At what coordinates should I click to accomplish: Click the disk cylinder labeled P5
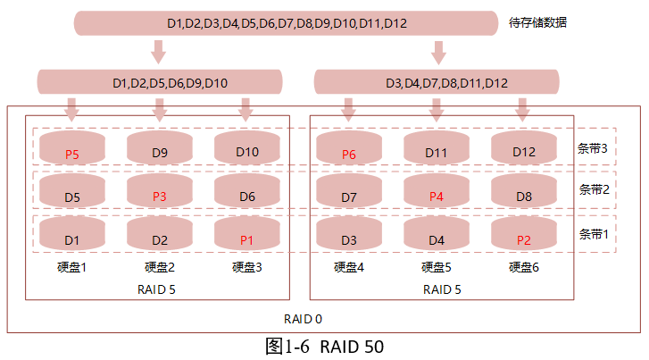click(x=72, y=148)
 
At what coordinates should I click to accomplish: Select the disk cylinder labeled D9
click(x=160, y=148)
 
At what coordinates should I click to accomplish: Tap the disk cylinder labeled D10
click(x=247, y=148)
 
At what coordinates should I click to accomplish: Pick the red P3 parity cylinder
click(x=160, y=192)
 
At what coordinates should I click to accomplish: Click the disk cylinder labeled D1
click(x=72, y=236)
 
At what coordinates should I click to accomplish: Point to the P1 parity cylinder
click(x=247, y=236)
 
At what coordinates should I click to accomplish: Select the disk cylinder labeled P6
click(x=349, y=148)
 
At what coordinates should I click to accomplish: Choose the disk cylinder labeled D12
click(x=524, y=148)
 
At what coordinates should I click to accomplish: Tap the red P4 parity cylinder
click(x=437, y=192)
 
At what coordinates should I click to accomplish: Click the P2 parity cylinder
click(x=524, y=236)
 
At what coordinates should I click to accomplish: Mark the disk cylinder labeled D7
click(x=349, y=192)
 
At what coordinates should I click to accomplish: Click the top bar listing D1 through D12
click(x=286, y=22)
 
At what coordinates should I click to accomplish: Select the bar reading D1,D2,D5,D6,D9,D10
click(x=170, y=83)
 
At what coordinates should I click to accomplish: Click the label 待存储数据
click(x=538, y=22)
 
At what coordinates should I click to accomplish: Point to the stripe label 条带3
click(x=594, y=148)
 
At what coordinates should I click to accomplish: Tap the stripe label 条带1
click(x=594, y=233)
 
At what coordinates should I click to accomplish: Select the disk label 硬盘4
click(x=349, y=266)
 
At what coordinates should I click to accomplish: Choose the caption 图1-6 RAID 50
click(x=325, y=347)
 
